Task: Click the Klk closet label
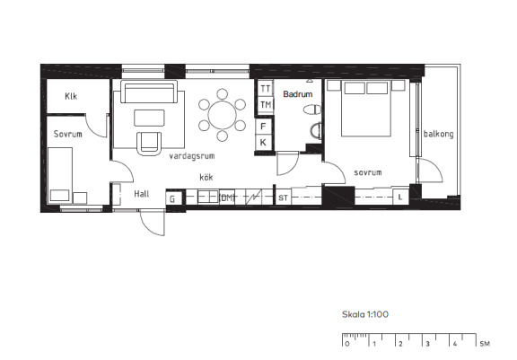pos(71,96)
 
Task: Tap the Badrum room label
pos(298,94)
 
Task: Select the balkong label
pos(439,134)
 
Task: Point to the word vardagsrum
pos(192,156)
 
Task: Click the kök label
pos(206,178)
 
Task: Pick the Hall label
pos(142,194)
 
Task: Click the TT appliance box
pos(266,89)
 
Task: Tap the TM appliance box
pos(266,105)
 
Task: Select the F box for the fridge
pos(264,127)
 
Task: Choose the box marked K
pos(264,143)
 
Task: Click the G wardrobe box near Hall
pos(172,198)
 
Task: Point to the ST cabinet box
pos(283,198)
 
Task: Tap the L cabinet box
pos(400,198)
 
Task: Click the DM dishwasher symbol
pos(227,198)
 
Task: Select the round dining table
pos(223,115)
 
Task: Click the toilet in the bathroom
pos(312,110)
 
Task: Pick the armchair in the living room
pos(149,144)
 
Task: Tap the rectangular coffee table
pos(149,118)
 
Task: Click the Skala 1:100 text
pos(365,314)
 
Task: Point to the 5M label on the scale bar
pos(485,344)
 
